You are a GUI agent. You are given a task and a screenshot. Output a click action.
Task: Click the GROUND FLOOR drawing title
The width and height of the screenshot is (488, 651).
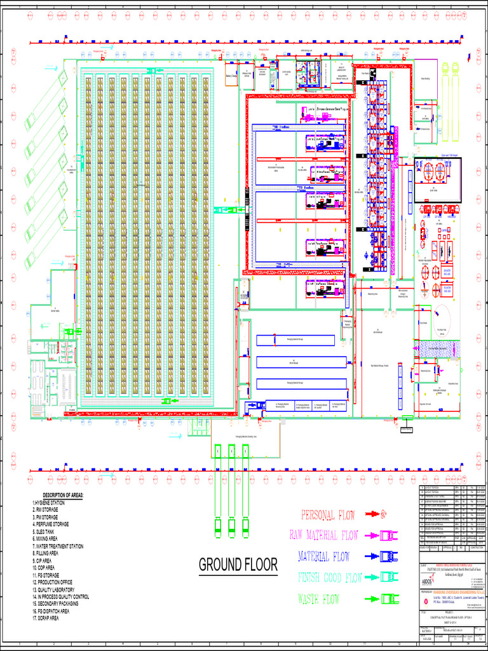pyautogui.click(x=238, y=565)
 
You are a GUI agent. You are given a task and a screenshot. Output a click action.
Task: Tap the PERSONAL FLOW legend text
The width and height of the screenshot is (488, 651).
pyautogui.click(x=328, y=516)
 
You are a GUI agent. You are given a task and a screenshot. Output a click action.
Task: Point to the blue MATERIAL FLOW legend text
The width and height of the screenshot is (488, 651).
pyautogui.click(x=324, y=557)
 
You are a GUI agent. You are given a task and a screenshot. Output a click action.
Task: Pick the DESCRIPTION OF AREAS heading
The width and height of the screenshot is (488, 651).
pyautogui.click(x=72, y=496)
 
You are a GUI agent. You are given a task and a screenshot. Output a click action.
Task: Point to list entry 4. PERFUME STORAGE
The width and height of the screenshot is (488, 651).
pyautogui.click(x=60, y=524)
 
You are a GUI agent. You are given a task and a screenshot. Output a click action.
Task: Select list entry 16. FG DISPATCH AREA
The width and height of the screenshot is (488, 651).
pyautogui.click(x=60, y=611)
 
